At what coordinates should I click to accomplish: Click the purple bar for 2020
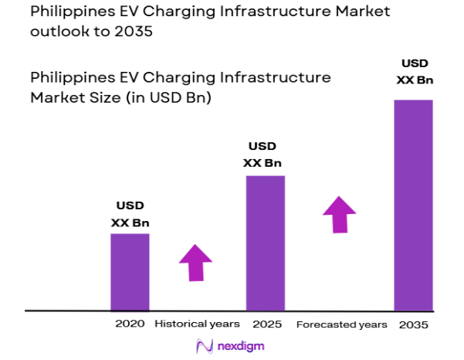[130, 271]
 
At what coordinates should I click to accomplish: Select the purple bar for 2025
[265, 243]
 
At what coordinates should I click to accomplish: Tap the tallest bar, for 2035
[413, 205]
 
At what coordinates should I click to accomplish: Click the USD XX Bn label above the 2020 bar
[130, 214]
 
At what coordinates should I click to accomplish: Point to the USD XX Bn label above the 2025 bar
[262, 155]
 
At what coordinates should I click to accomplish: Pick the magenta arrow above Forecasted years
[340, 214]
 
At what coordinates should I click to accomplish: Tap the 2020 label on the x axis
[130, 324]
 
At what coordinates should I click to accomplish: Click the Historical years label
[198, 324]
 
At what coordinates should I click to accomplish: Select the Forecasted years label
[341, 324]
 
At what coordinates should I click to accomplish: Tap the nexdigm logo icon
[205, 346]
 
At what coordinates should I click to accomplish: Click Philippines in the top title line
[69, 12]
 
